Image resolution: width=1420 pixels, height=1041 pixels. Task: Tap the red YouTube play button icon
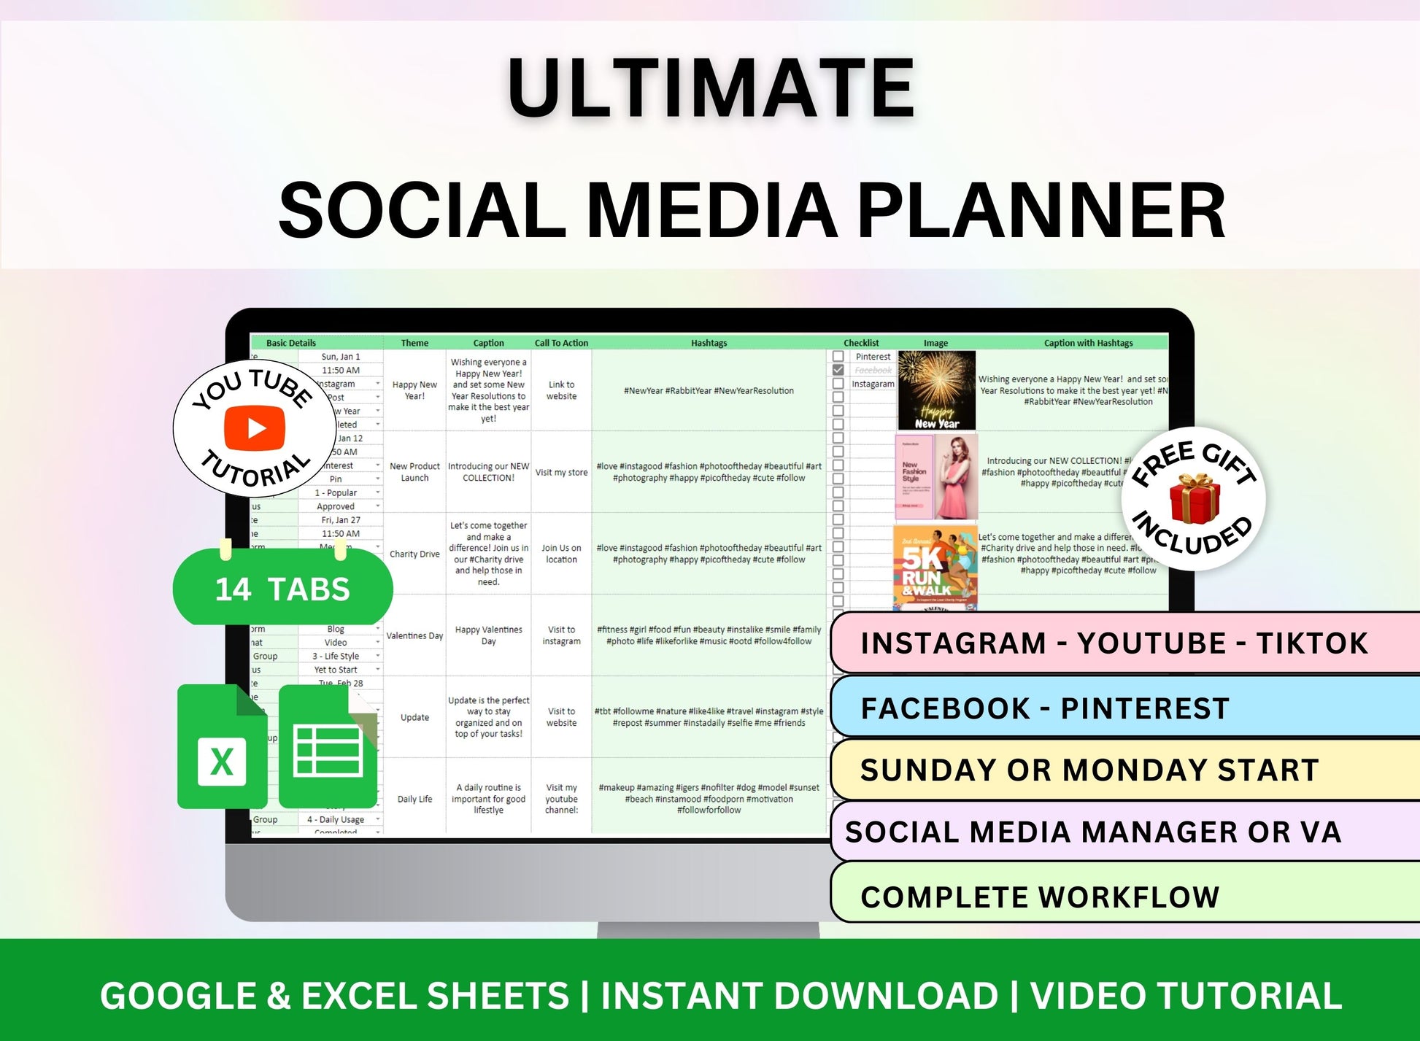(255, 428)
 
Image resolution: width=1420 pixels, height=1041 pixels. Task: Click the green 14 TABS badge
(282, 589)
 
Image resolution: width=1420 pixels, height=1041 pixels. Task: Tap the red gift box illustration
(1194, 499)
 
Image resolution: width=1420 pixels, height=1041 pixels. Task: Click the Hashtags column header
(709, 343)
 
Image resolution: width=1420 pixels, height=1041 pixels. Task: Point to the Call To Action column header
(561, 343)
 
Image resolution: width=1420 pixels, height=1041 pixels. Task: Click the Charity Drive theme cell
(414, 554)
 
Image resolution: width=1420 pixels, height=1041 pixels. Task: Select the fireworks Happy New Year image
(936, 390)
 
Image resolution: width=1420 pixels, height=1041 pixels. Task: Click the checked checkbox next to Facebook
(838, 371)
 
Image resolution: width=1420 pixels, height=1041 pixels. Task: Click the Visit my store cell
(561, 473)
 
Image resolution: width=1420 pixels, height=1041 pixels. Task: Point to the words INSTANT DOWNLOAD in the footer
(799, 997)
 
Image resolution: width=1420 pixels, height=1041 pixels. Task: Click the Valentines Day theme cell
(414, 636)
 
